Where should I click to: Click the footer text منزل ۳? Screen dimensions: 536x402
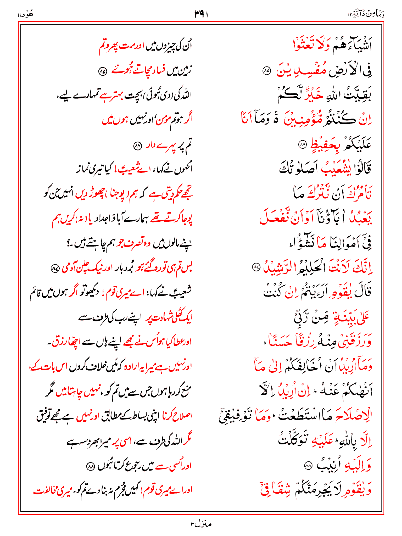pos(201,524)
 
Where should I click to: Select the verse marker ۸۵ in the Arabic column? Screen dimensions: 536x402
pos(267,71)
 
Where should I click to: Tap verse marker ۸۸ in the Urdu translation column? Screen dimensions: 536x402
pos(91,466)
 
